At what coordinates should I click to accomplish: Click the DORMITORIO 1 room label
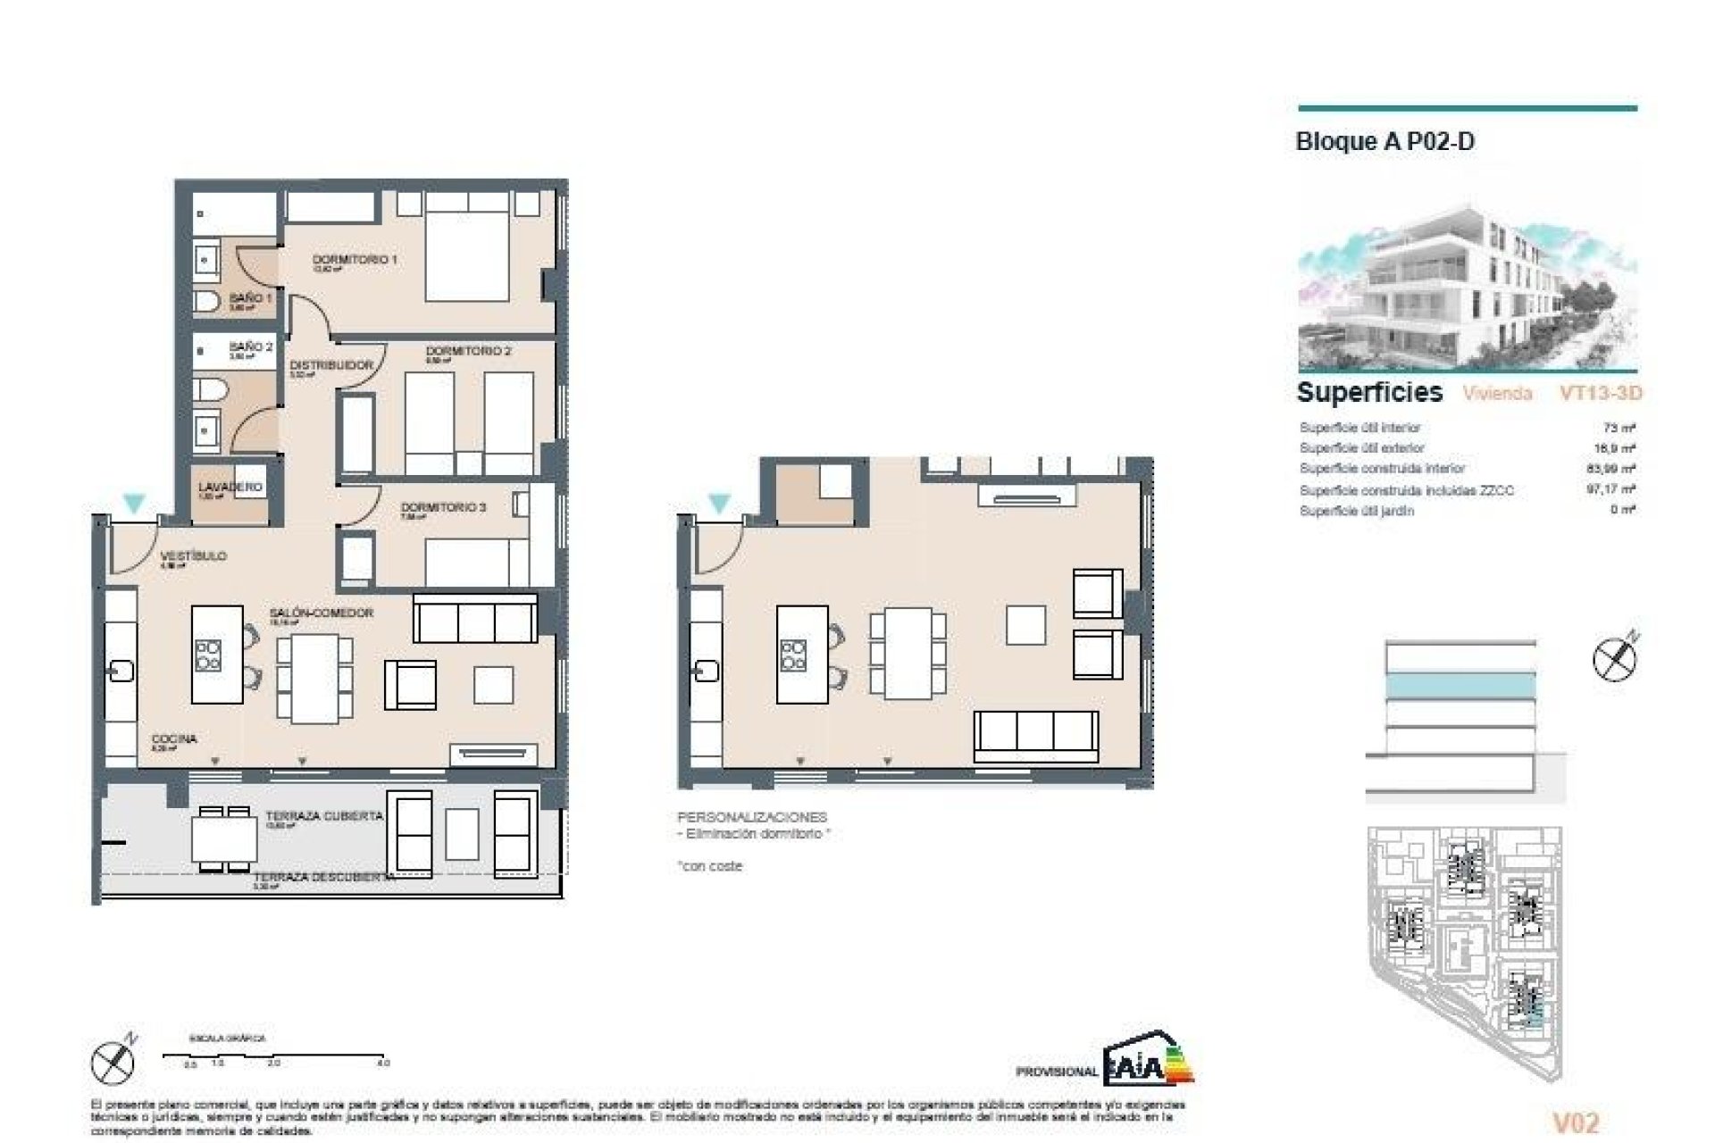(x=355, y=260)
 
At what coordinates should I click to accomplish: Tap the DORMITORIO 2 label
(x=468, y=352)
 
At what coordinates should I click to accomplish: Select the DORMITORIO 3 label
(x=443, y=507)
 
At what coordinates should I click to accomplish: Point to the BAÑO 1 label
(x=250, y=298)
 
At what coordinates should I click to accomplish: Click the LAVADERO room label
(x=230, y=488)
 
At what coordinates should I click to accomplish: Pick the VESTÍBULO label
(x=194, y=556)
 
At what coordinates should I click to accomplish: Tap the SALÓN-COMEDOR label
(x=322, y=613)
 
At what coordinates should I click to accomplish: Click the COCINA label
(x=174, y=739)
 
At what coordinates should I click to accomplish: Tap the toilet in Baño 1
(x=206, y=302)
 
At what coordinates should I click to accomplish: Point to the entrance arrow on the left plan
(x=134, y=504)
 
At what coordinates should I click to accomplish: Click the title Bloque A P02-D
(x=1385, y=142)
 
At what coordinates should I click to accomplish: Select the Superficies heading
(x=1369, y=392)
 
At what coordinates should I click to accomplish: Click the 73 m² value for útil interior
(x=1619, y=428)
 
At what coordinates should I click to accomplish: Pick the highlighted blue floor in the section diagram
(x=1460, y=686)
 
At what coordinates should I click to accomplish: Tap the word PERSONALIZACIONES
(x=752, y=817)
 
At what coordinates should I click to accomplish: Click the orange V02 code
(x=1576, y=1122)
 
